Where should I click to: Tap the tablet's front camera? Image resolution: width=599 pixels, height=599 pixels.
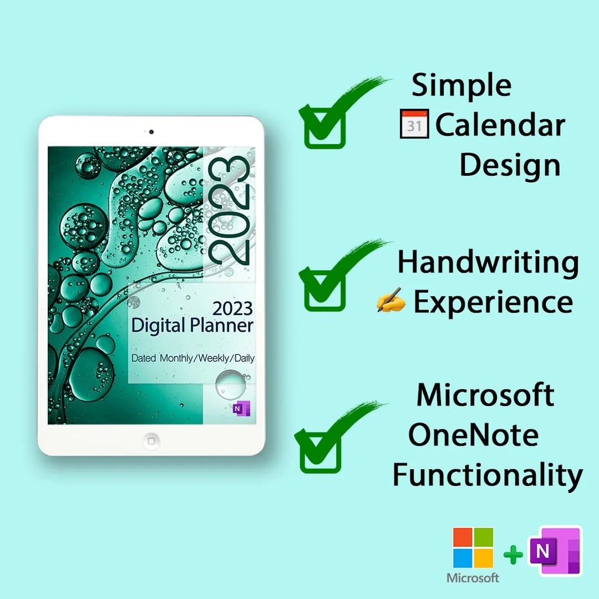pos(151,132)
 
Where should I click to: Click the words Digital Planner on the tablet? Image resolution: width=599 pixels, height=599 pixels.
pos(192,326)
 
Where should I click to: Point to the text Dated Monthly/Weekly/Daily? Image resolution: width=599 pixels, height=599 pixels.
pos(192,358)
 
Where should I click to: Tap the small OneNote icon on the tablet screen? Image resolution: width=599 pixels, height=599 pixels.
pos(241,408)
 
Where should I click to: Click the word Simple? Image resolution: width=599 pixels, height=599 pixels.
pos(461,86)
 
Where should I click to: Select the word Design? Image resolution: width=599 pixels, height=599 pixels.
pos(510,165)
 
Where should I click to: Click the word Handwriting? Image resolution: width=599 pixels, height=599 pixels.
pos(488,262)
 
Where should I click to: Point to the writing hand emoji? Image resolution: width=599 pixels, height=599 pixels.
pos(391,303)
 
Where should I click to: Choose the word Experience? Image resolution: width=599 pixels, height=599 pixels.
pos(493,303)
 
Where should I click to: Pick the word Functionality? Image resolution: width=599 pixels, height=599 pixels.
pos(488,475)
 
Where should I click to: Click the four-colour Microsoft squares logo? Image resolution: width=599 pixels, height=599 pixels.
pos(473,547)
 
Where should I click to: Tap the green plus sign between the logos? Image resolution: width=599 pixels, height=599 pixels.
pos(514,555)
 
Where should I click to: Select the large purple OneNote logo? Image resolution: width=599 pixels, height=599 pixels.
pos(554,552)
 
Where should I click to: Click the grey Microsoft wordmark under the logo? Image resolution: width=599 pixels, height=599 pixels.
pos(473,578)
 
